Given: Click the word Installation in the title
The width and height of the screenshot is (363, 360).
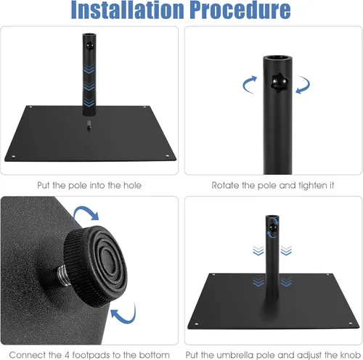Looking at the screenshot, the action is point(128,9).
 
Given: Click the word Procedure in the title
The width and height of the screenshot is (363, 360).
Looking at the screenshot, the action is point(240,9).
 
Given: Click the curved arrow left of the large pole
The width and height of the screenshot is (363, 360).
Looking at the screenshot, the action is point(248,84).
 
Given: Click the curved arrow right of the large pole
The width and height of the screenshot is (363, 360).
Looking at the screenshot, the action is point(304,84).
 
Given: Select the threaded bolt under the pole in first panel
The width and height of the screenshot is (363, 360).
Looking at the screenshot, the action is point(89,125).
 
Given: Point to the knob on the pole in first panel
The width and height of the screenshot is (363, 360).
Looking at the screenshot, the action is point(89,46).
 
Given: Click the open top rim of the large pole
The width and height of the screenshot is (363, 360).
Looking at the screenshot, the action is point(277,58).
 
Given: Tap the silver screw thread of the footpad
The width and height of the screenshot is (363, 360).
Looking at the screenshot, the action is point(62,275).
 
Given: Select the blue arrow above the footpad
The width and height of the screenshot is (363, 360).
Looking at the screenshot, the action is point(86,212).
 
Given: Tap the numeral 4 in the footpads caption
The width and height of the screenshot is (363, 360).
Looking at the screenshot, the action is point(67,355).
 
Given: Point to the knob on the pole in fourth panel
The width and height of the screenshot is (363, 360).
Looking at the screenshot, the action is point(273,227).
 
